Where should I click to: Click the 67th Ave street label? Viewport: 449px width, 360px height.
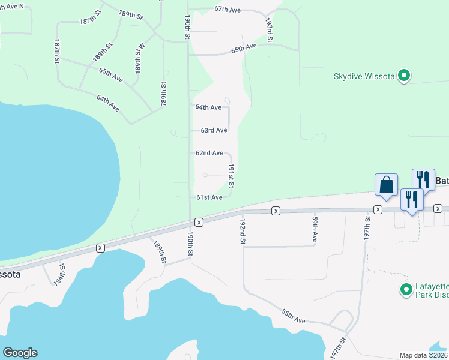click(228, 10)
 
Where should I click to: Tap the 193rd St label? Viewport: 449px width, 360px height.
click(270, 29)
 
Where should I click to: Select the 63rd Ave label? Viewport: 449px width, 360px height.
click(214, 130)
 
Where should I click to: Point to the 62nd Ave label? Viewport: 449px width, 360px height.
click(209, 153)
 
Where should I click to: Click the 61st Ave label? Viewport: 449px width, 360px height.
click(209, 197)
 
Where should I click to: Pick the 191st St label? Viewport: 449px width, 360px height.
click(231, 177)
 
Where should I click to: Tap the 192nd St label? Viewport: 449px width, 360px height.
click(243, 230)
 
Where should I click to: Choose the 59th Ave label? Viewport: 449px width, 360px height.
click(315, 230)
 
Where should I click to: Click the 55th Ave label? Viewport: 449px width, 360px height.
click(294, 316)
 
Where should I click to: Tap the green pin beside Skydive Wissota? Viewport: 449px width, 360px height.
click(405, 76)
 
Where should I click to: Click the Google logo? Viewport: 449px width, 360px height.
click(20, 353)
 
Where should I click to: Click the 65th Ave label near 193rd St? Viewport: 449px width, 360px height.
click(244, 49)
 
